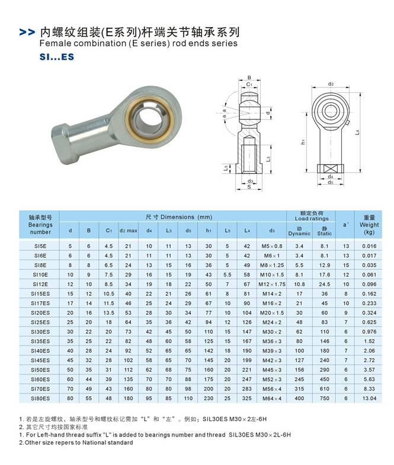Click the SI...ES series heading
click(54, 58)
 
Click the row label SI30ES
click(41, 333)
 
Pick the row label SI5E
click(40, 246)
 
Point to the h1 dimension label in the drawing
click(302, 142)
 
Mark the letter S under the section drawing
click(250, 187)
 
